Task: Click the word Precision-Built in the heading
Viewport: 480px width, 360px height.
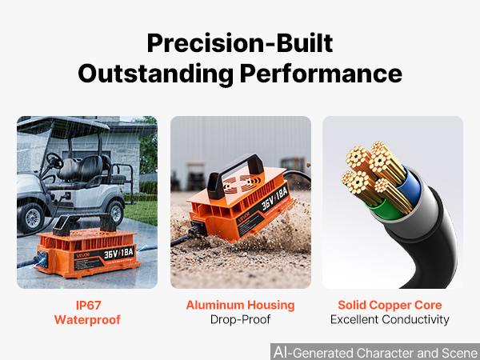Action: pos(240,43)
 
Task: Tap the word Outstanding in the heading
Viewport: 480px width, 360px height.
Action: pos(155,74)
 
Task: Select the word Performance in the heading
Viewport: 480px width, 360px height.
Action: pos(321,74)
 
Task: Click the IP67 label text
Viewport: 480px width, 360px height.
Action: pos(88,306)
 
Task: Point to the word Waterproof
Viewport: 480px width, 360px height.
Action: pos(87,320)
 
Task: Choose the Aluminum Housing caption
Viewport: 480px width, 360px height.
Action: pos(240,306)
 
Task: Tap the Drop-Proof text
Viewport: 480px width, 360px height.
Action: pos(240,319)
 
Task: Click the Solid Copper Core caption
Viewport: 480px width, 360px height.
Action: pos(390,306)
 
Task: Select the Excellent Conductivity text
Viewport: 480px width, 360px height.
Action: pos(390,319)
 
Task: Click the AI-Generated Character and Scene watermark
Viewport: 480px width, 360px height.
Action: pos(376,353)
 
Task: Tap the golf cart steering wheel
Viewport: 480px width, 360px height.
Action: pos(54,161)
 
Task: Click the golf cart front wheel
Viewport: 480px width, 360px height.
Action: pos(31,217)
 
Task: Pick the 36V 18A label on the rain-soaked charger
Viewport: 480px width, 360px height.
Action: pos(118,253)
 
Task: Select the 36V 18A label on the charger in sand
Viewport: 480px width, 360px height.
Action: pos(274,198)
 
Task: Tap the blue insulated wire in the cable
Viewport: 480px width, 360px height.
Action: pos(412,186)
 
